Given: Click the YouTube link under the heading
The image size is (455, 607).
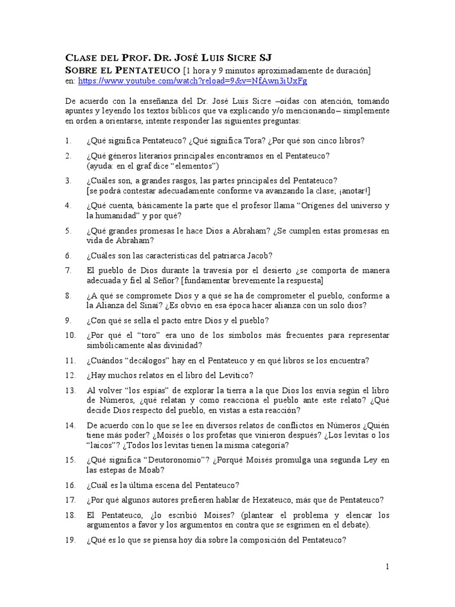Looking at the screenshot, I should click(x=192, y=81).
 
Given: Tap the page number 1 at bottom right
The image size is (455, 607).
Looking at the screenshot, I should click(x=387, y=567).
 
